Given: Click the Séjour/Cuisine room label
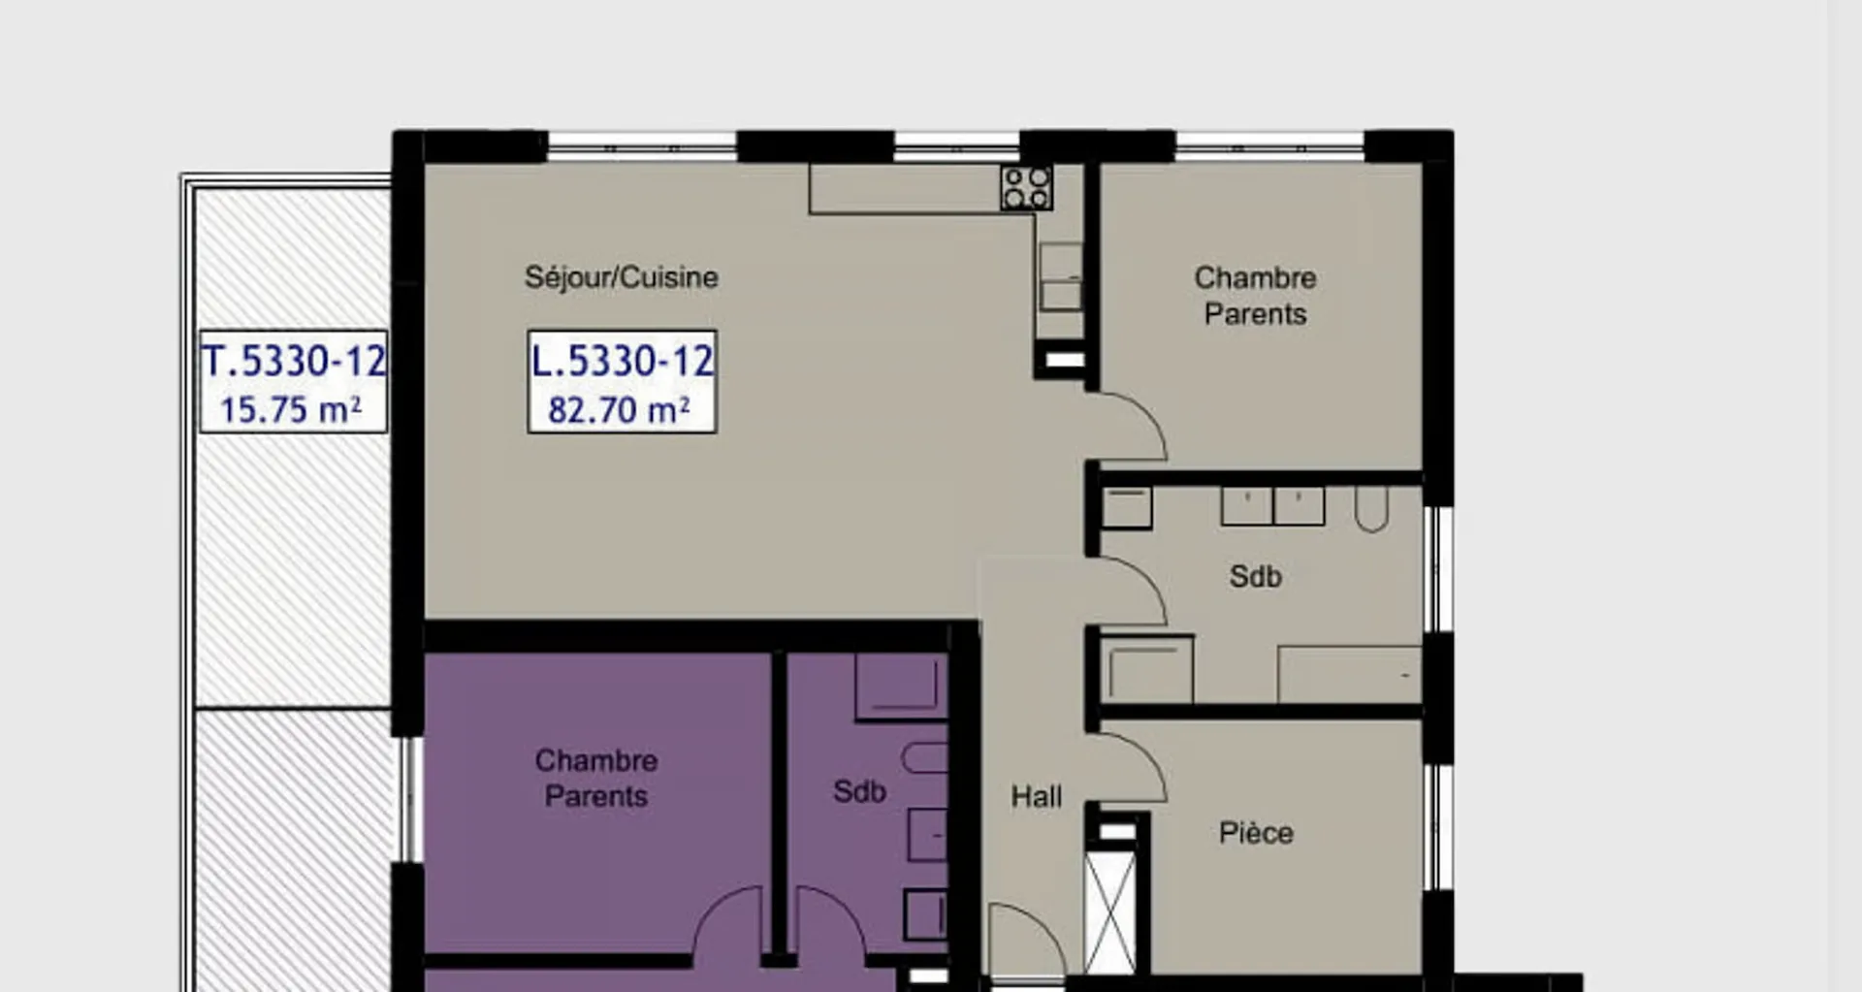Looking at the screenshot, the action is [622, 277].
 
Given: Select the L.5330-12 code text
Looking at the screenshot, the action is [622, 362].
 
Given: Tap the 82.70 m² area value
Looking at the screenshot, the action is [619, 409].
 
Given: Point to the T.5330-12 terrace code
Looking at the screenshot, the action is [294, 362].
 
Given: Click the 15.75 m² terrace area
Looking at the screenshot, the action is [291, 409].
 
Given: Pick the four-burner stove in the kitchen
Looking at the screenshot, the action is [1027, 188].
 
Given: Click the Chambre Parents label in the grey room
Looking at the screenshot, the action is [1255, 296].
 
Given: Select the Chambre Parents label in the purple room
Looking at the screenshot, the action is [596, 778].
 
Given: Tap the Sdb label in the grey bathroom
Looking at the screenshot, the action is [1256, 576].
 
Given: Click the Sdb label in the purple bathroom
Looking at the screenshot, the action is [859, 791].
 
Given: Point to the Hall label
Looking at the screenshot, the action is [1037, 797].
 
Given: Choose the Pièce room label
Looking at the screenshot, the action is [1256, 833].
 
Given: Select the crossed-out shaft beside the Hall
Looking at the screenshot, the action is [1109, 912].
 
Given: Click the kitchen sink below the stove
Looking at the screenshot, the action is [1061, 276].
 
